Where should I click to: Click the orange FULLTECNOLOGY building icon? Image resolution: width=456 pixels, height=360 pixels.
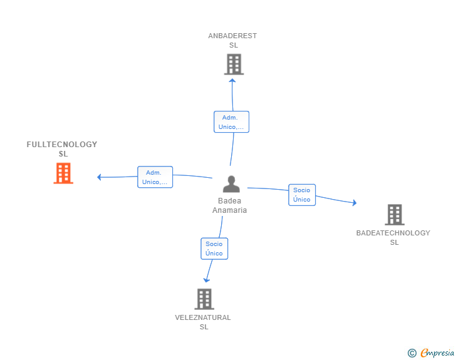(x=63, y=173)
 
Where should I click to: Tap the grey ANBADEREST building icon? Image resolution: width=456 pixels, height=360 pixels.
(x=234, y=64)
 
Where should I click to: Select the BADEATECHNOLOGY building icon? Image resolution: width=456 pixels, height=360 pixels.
(x=395, y=215)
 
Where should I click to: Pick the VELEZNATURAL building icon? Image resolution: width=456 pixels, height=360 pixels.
(x=204, y=299)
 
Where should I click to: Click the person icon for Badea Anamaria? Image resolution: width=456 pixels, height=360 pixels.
(x=231, y=184)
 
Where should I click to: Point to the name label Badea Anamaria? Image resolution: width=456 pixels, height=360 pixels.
(x=230, y=206)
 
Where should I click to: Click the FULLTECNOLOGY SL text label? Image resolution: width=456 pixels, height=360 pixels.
(x=62, y=149)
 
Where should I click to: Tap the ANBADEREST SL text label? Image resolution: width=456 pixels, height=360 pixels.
(x=232, y=40)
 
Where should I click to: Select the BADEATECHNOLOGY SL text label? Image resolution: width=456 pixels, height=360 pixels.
(x=393, y=237)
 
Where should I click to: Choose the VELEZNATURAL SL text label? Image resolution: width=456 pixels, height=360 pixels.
(x=203, y=322)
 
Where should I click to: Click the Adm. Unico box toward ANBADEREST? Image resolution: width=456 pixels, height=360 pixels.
(x=231, y=122)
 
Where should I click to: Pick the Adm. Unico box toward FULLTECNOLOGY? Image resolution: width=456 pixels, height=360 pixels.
(x=155, y=177)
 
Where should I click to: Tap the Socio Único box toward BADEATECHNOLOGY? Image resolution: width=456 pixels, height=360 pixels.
(x=302, y=195)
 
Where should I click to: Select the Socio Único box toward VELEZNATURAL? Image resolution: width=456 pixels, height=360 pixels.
(x=214, y=249)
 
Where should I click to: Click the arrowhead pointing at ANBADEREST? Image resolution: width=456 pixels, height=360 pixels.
(x=232, y=80)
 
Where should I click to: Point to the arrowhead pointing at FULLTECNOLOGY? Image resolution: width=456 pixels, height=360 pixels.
(x=100, y=177)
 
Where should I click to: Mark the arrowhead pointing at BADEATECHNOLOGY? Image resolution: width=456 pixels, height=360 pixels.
(x=354, y=203)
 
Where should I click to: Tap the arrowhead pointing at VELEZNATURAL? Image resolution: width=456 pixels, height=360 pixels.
(x=207, y=280)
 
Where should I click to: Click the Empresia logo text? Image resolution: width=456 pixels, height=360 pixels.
(x=437, y=353)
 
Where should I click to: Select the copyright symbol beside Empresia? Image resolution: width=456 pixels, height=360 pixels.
(x=412, y=354)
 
